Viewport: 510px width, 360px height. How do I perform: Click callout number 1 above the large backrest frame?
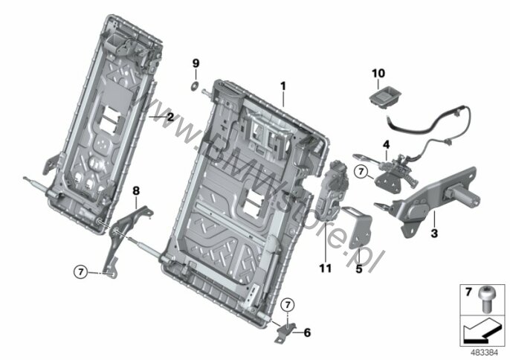(283, 86)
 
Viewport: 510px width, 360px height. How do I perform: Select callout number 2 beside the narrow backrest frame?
(170, 117)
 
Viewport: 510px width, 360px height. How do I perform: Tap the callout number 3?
(433, 233)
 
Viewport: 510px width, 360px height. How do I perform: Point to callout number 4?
(386, 144)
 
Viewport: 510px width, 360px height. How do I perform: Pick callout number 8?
(136, 191)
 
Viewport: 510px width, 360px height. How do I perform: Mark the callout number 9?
(196, 62)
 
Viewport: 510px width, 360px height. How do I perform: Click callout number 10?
(378, 73)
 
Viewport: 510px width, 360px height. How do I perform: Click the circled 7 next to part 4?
(361, 172)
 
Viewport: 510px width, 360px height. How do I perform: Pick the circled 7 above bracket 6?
(289, 303)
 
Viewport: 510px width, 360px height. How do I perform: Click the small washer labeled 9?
(196, 89)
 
